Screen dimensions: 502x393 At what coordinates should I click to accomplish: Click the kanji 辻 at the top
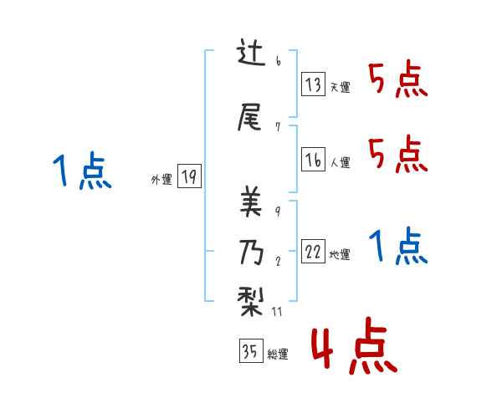(252, 56)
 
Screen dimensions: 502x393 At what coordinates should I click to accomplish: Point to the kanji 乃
(252, 250)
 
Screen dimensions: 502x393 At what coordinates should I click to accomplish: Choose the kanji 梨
(252, 299)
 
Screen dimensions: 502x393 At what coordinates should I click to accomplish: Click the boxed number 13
(314, 85)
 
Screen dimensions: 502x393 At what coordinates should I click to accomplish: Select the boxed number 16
(314, 160)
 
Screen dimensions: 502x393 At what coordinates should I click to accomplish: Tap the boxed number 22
(314, 253)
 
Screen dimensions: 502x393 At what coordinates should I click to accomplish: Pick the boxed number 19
(190, 177)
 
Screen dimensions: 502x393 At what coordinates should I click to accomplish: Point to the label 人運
(340, 162)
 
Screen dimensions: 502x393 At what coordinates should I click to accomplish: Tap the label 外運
(161, 179)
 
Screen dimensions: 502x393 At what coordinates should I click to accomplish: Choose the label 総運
(278, 355)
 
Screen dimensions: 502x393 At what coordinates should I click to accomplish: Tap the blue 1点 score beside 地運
(397, 247)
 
